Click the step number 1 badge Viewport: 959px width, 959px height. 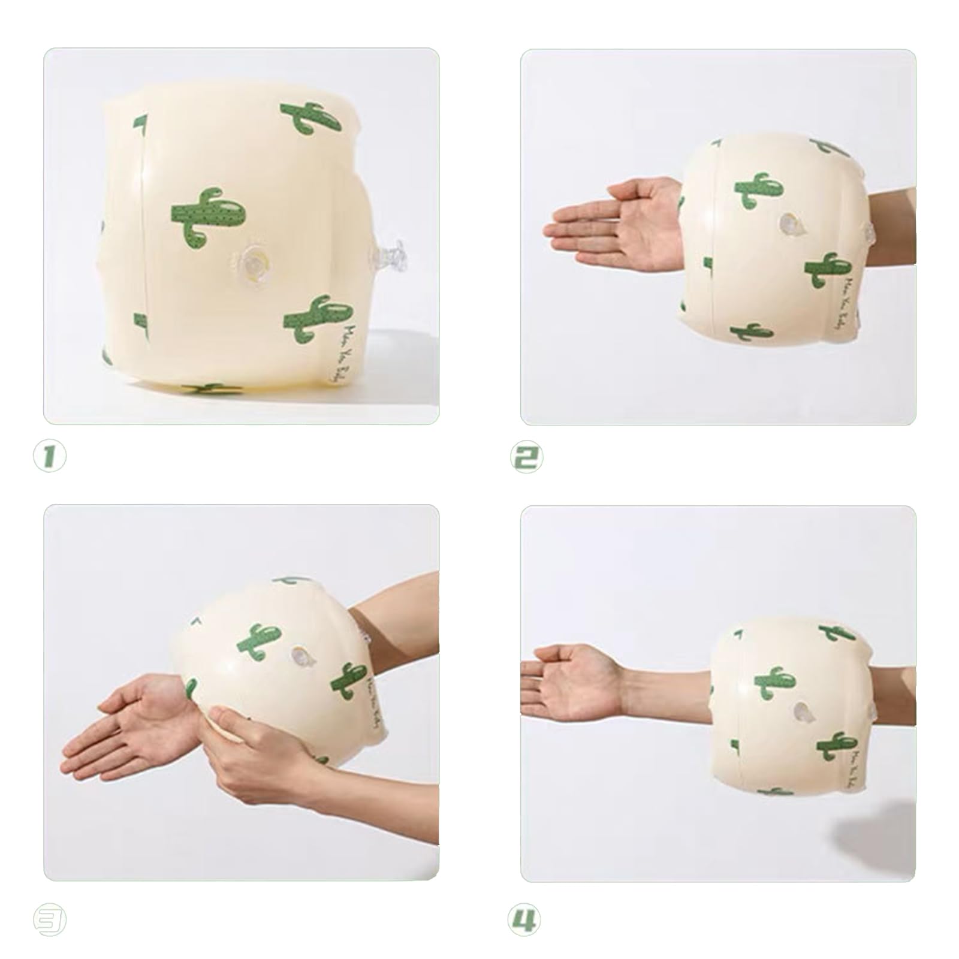tap(50, 457)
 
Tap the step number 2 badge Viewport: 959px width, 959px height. tap(526, 457)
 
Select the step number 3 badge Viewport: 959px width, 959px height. tap(50, 921)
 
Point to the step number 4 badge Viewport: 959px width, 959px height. tap(524, 920)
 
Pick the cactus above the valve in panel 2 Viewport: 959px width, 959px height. tap(758, 191)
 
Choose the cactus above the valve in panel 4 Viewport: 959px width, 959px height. tap(776, 683)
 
